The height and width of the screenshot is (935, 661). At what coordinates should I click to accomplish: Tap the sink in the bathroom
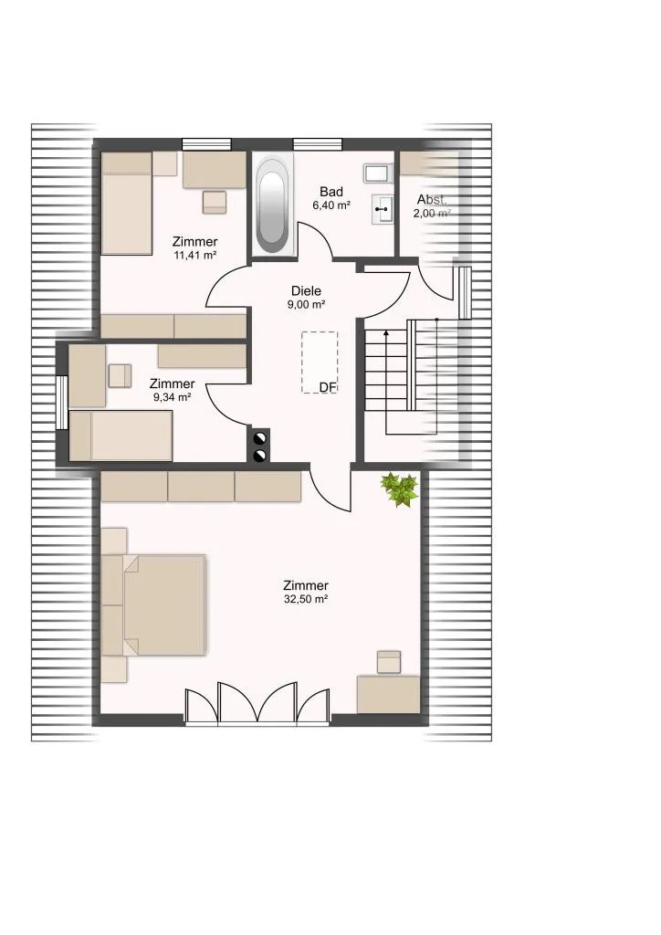click(383, 209)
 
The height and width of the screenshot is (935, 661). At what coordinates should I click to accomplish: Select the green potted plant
click(399, 489)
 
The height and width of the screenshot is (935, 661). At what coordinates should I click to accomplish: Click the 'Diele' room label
click(307, 291)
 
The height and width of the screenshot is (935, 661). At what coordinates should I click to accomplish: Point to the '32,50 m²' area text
click(306, 599)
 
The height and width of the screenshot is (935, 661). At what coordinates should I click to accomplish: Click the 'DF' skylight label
click(328, 387)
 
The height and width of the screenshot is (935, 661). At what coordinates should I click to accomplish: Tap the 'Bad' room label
click(331, 192)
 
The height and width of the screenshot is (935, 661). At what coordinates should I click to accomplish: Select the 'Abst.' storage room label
click(432, 199)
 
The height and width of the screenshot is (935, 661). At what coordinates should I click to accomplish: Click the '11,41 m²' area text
click(194, 256)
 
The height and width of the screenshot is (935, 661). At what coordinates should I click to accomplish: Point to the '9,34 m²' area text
click(173, 397)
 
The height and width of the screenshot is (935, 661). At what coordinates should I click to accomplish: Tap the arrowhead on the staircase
click(386, 333)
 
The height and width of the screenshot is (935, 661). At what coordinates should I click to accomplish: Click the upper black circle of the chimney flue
click(260, 439)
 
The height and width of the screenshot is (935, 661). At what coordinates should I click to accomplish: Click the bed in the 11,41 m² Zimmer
click(126, 204)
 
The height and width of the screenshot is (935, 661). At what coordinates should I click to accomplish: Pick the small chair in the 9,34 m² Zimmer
click(120, 375)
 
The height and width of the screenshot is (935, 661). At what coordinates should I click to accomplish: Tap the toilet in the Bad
click(376, 173)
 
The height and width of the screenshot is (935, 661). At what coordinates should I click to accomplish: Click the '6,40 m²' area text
click(331, 205)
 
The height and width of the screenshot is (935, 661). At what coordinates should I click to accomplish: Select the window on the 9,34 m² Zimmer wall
click(62, 403)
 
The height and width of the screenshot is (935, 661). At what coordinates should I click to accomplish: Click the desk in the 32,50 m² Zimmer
click(388, 694)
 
